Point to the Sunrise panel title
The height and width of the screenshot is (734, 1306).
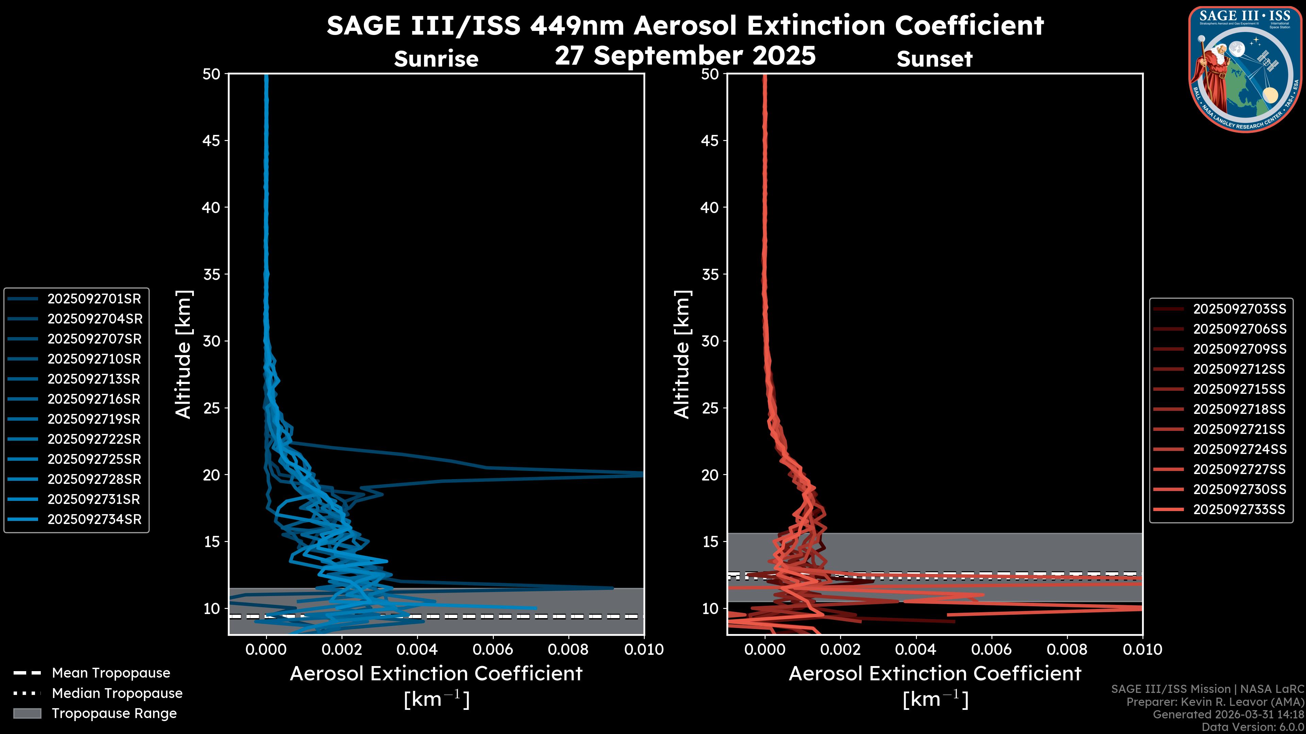tap(436, 59)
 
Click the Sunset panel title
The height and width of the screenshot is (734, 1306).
tap(934, 59)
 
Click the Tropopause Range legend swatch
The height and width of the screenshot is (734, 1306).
tap(27, 713)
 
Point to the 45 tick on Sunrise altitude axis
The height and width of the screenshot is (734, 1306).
tap(212, 140)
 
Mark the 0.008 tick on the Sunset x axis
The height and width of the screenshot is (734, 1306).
tap(1067, 649)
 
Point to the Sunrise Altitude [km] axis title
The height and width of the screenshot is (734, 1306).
tap(184, 354)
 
